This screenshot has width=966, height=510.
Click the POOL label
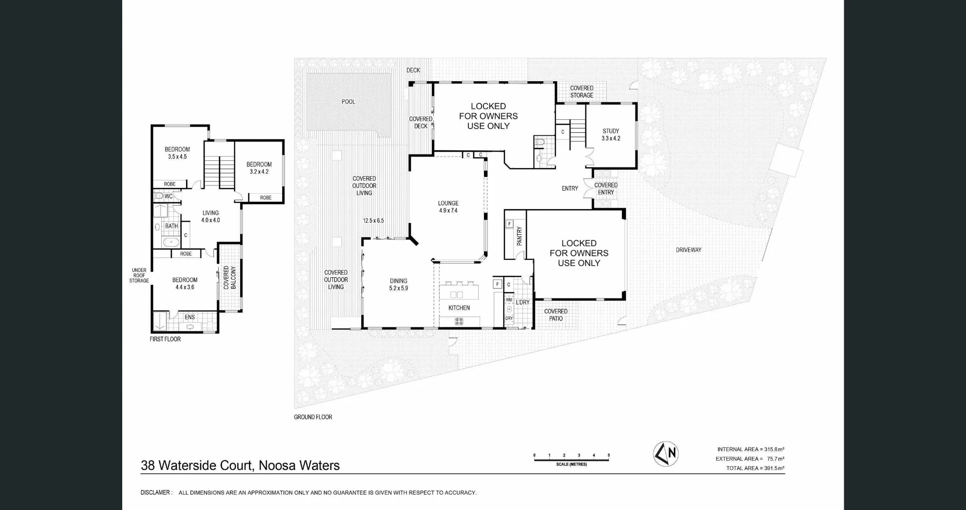point(348,102)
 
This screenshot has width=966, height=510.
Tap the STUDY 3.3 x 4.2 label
point(611,135)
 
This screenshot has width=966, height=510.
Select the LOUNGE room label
point(448,203)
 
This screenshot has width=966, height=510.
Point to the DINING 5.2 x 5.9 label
point(399,284)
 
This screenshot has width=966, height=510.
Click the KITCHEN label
point(459,308)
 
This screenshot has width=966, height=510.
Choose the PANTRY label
point(520,236)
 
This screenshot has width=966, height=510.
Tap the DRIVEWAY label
point(689,250)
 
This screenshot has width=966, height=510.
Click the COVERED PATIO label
point(556,315)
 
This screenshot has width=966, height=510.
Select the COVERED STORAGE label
point(582,92)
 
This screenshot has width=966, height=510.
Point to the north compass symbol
point(666,454)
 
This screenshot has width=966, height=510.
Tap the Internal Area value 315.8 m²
point(774,450)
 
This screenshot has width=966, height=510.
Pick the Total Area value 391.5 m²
point(774,468)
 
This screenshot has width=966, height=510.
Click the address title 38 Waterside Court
point(196,466)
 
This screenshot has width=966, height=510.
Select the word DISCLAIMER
point(155,493)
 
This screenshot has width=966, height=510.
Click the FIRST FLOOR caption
point(165,339)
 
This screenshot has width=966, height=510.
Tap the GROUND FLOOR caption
point(313,417)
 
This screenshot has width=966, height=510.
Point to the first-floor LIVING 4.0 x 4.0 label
point(211,216)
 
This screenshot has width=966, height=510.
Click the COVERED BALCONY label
point(229,278)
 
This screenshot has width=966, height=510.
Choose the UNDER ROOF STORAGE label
point(139,275)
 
